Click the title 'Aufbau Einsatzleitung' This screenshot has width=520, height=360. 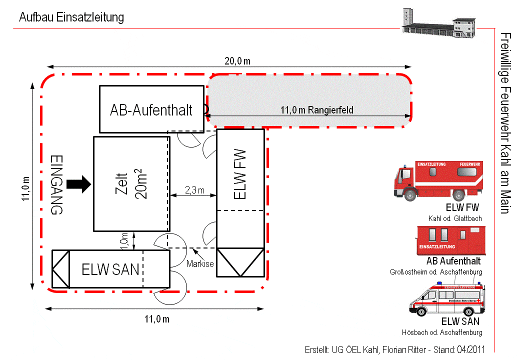(x=71, y=17)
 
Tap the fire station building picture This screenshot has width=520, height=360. (x=439, y=22)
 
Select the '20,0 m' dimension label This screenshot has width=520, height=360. (x=237, y=61)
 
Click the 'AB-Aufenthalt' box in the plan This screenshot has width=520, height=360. (x=152, y=109)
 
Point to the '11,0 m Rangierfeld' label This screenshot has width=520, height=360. (x=317, y=110)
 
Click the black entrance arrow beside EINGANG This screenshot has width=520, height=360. (x=78, y=184)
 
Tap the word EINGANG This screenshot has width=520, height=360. (x=56, y=184)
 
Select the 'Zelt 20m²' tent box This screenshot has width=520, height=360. (x=132, y=184)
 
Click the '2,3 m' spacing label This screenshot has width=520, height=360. (x=194, y=190)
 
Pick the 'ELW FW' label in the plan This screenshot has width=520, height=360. (x=240, y=174)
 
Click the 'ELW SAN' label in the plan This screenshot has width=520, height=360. (x=110, y=269)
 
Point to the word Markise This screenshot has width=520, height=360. (x=200, y=264)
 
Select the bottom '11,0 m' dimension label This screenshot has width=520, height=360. (x=157, y=319)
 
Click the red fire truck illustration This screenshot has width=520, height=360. (x=438, y=181)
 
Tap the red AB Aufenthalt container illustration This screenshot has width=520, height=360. (x=451, y=240)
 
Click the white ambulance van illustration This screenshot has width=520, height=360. (x=447, y=298)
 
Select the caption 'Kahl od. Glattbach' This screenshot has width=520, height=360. (x=455, y=218)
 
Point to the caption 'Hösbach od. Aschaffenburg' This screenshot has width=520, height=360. (x=442, y=332)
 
